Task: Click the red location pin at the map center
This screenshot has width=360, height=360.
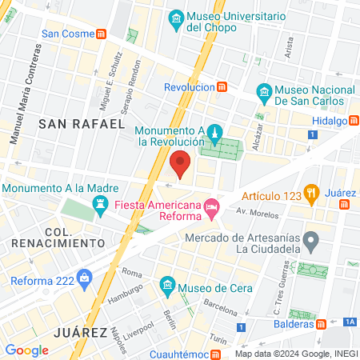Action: pyautogui.click(x=180, y=163)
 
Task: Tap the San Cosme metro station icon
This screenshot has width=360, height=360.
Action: pyautogui.click(x=101, y=34)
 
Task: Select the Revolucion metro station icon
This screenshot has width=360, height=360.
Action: pyautogui.click(x=224, y=86)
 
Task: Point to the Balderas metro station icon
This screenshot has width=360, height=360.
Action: pyautogui.click(x=321, y=324)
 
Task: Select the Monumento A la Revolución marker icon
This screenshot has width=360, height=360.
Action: pyautogui.click(x=214, y=131)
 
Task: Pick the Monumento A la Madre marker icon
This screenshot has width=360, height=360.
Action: pyautogui.click(x=100, y=205)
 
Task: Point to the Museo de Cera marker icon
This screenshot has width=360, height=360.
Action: pyautogui.click(x=167, y=284)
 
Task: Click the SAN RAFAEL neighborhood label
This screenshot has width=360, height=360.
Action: pyautogui.click(x=82, y=124)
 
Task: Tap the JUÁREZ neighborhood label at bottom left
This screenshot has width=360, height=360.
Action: pyautogui.click(x=80, y=331)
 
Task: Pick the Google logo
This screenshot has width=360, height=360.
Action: pyautogui.click(x=27, y=350)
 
